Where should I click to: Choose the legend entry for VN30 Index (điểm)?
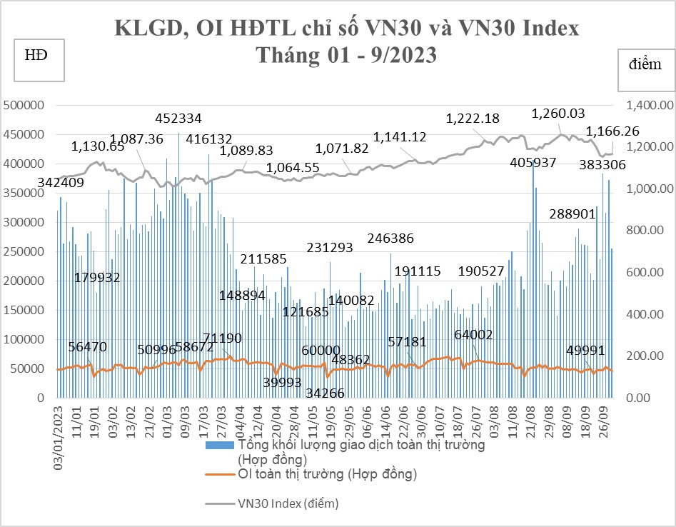click(x=288, y=503)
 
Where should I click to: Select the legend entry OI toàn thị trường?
click(x=328, y=473)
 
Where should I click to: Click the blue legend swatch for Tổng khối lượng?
click(x=220, y=446)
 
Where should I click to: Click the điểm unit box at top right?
click(x=645, y=65)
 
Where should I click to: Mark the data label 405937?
click(x=534, y=163)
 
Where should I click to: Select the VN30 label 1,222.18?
click(x=473, y=118)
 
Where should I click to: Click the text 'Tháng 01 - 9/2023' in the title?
click(x=346, y=55)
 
